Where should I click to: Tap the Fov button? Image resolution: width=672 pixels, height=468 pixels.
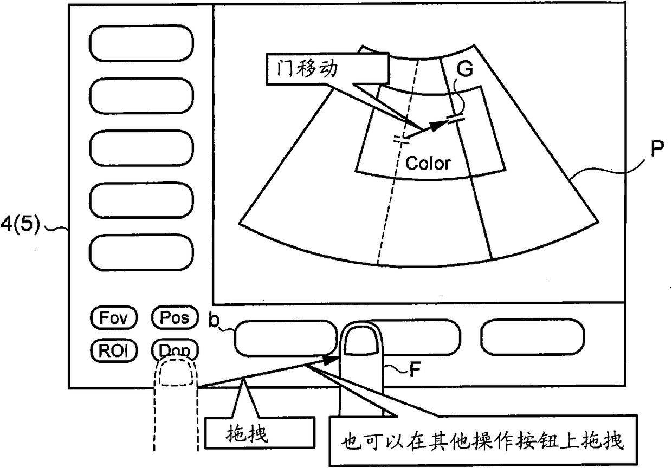(113, 317)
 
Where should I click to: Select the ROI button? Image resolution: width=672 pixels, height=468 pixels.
(113, 349)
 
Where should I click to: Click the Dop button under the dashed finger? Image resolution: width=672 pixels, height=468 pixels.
(175, 350)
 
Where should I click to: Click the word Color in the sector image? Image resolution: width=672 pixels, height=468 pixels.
(428, 163)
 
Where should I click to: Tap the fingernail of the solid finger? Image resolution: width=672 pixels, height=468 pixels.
(362, 345)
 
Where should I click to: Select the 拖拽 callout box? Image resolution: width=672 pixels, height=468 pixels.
(260, 433)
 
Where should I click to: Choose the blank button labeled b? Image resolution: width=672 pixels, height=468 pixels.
(285, 338)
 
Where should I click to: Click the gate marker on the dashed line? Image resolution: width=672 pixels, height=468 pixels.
(401, 139)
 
